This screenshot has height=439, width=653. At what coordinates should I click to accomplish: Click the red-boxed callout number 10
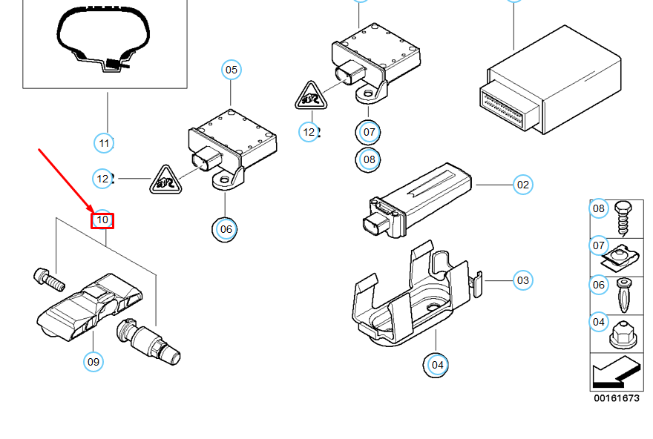102,219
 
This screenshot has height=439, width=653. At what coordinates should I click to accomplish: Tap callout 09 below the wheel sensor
93,362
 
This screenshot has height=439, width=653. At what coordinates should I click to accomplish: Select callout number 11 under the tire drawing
104,142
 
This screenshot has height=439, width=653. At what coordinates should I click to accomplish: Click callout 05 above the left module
232,70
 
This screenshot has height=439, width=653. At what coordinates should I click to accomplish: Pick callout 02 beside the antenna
523,185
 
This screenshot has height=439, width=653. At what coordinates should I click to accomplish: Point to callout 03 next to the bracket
523,280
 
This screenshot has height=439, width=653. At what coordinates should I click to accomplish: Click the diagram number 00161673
616,398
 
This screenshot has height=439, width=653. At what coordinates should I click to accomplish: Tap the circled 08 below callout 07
369,159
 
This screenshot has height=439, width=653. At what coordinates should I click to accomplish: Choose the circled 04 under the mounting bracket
437,364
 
